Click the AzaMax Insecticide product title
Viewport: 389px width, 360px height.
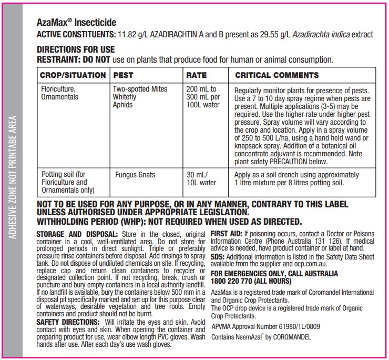pos(76,23)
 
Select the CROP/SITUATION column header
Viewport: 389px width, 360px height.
pos(73,75)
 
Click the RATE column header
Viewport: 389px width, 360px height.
pos(196,75)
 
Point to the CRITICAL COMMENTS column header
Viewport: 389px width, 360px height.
pos(277,75)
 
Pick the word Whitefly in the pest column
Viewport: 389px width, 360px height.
pos(125,97)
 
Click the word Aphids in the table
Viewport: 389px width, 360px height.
pos(123,105)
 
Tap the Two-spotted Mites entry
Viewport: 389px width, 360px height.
pos(140,89)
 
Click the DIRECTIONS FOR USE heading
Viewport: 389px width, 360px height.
pos(75,50)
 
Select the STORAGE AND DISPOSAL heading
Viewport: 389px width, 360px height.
pos(77,233)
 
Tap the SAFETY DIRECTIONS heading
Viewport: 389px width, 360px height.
pos(68,321)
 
